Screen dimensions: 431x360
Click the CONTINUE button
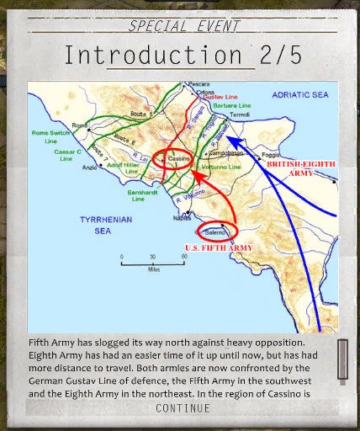183,408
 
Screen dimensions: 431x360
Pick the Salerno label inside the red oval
216,230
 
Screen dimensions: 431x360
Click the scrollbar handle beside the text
342,359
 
